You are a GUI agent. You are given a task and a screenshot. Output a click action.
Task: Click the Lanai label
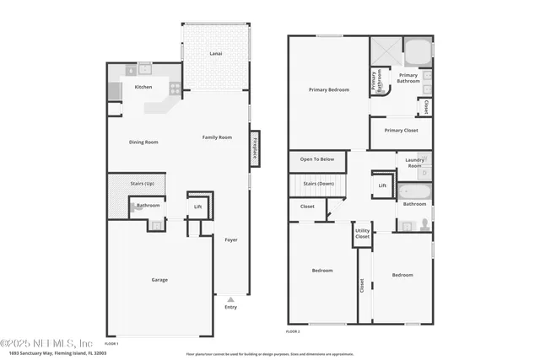216,54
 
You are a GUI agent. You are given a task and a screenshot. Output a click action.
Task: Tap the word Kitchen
143,87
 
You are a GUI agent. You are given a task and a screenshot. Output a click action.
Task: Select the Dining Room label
143,142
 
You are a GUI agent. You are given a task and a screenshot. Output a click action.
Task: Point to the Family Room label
217,137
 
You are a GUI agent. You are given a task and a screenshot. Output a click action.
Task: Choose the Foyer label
230,239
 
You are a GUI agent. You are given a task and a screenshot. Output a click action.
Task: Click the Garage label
159,280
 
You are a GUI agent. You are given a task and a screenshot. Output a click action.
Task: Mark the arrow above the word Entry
230,298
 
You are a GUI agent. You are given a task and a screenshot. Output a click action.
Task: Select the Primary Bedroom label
328,89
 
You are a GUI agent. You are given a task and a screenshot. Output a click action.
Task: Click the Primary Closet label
400,131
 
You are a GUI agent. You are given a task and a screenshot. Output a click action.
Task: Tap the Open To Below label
317,159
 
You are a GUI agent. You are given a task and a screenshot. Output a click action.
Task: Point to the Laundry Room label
414,162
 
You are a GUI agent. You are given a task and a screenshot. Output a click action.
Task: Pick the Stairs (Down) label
317,183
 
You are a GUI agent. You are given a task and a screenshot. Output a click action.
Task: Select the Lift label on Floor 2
382,185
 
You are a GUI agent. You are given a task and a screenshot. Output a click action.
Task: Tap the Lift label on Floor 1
198,206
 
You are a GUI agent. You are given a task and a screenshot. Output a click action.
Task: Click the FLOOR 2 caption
293,333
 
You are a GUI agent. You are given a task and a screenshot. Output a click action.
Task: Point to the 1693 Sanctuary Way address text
52,354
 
